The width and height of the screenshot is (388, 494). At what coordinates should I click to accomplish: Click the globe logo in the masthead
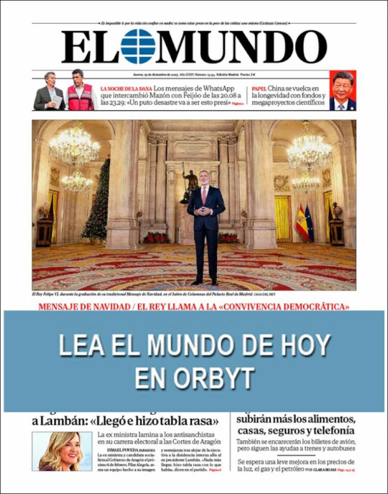point(138,47)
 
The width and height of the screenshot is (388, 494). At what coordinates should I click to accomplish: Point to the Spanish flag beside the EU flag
point(302,222)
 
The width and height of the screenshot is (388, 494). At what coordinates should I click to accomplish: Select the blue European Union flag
point(309,223)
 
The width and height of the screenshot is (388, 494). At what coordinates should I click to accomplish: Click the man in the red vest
point(80,91)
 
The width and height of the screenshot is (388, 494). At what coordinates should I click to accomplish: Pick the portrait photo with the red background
point(342,90)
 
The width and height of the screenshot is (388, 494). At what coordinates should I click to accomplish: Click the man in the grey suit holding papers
point(50,91)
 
